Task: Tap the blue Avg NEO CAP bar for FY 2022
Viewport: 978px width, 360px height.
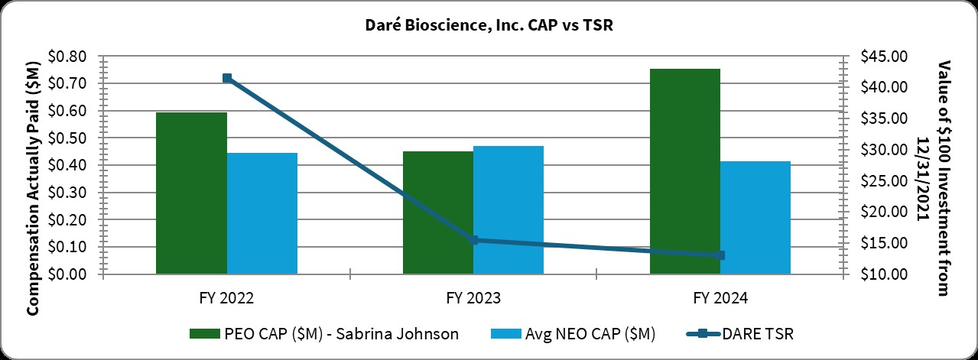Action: point(262,213)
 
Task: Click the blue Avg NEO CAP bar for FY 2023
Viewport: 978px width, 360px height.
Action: point(508,209)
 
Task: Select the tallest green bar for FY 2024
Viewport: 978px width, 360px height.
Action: point(685,171)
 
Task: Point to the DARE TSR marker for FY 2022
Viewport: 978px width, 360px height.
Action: point(227,78)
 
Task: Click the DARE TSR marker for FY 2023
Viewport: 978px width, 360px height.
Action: point(474,240)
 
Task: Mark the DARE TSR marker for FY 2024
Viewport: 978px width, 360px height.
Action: point(720,255)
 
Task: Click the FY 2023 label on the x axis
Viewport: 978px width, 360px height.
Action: point(473,297)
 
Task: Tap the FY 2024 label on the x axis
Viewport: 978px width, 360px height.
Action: point(720,297)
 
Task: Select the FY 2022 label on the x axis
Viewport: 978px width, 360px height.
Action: point(226,297)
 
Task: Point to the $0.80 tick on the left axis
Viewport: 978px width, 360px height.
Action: point(69,57)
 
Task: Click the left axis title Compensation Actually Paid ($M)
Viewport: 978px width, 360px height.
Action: point(34,165)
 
